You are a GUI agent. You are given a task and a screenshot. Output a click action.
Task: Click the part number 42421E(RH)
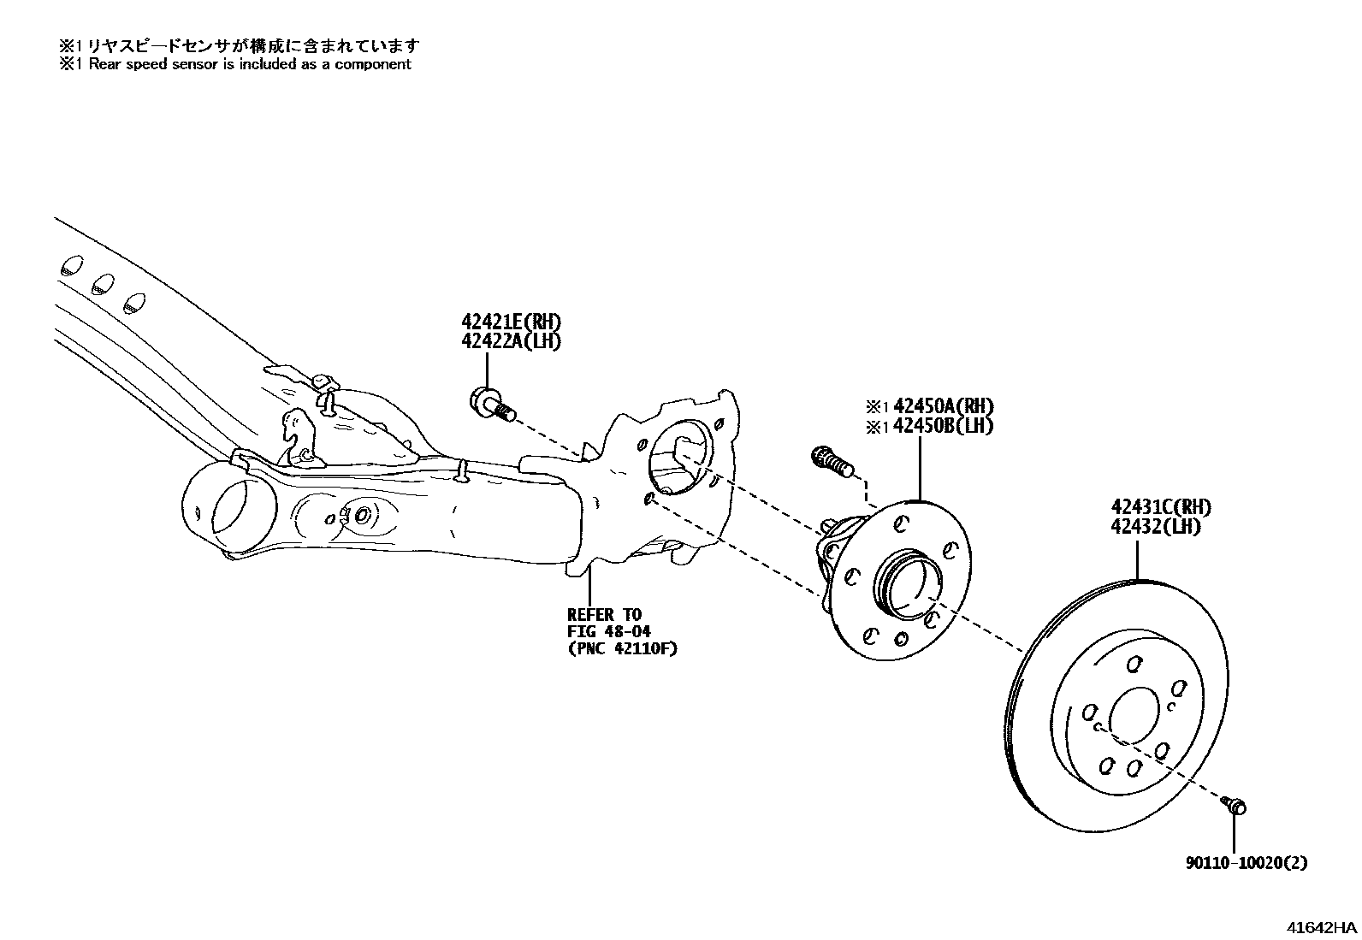click(x=512, y=322)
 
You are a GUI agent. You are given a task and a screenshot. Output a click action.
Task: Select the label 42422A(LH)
click(x=512, y=341)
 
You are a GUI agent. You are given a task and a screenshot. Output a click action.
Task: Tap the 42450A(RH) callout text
click(x=940, y=406)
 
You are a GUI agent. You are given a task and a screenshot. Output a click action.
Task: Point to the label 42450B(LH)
click(x=940, y=426)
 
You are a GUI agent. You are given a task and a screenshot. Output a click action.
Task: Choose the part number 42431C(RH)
click(x=1161, y=507)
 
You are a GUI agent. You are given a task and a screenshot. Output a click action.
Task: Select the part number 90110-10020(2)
click(x=1247, y=863)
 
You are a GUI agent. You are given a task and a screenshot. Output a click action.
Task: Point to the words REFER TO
click(x=604, y=614)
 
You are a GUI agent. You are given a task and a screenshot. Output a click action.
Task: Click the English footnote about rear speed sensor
click(x=235, y=64)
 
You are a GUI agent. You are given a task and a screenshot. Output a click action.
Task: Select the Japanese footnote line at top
click(x=240, y=45)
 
